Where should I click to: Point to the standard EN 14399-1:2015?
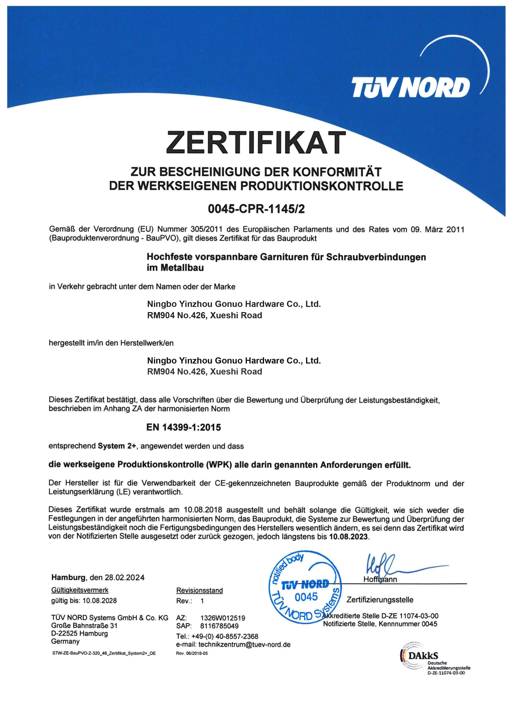pos(183,427)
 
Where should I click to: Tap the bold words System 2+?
pos(117,446)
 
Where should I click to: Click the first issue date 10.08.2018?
pos(203,510)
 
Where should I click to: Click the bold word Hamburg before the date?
pos(68,577)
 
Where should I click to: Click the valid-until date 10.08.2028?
pos(100,601)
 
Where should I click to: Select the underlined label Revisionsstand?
pos(199,590)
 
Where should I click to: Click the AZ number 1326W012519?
pos(223,618)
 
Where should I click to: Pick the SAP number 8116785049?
pos(219,626)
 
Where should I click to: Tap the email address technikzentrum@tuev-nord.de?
pos(244,644)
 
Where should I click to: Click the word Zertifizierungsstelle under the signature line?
pos(380,600)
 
